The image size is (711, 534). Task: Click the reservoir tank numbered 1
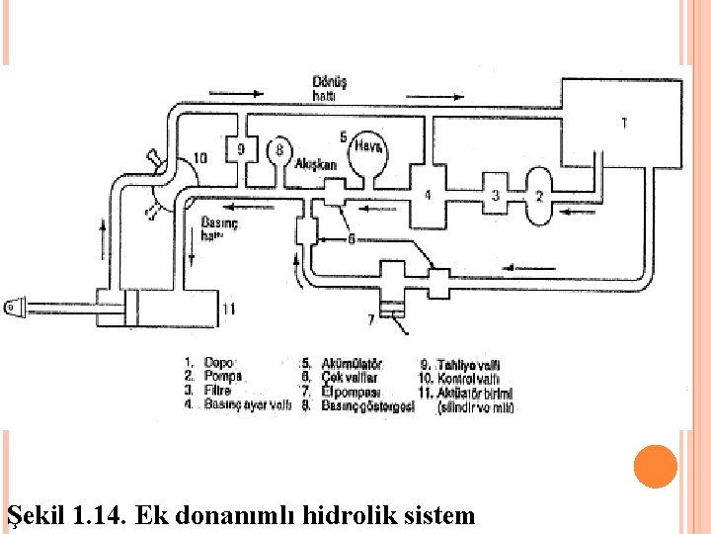tap(622, 124)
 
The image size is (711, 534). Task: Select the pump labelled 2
tap(538, 196)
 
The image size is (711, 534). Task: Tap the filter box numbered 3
tap(495, 196)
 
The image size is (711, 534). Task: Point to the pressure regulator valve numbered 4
tap(427, 195)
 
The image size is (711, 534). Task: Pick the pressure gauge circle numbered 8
tap(279, 150)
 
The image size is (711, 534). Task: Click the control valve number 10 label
tap(198, 157)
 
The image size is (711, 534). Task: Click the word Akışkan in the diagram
tap(315, 165)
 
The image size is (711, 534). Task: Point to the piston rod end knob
tap(12, 307)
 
